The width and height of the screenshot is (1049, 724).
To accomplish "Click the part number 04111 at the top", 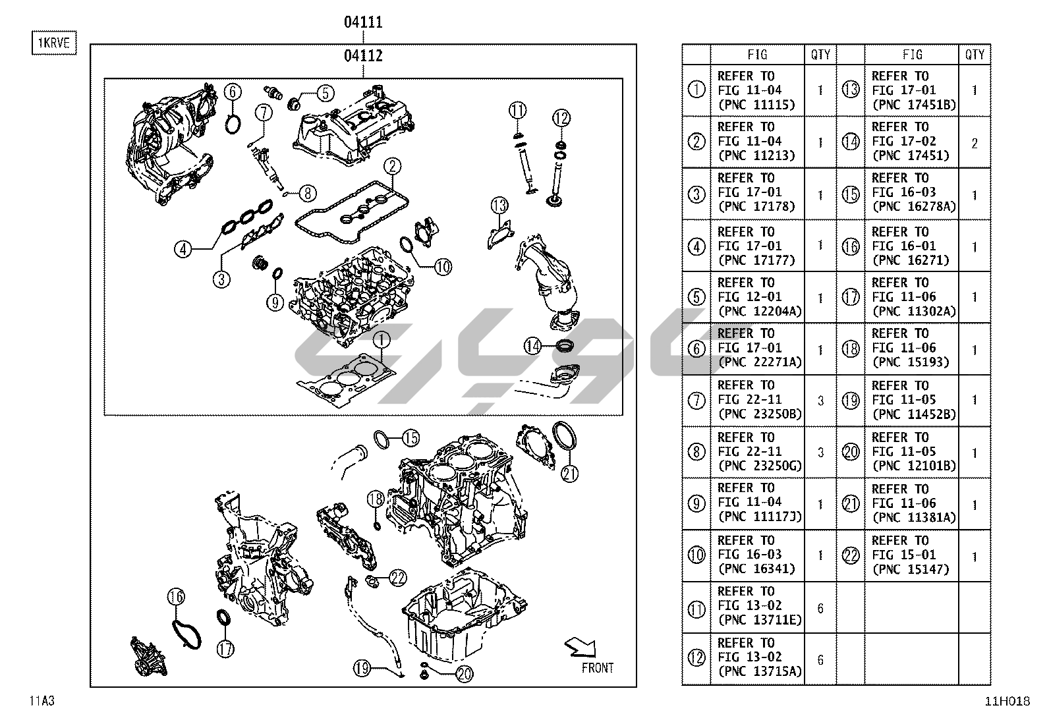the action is (363, 22).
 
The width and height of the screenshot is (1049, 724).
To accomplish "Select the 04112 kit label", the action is (363, 56).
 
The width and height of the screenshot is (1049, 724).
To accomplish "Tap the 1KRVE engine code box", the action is (54, 43).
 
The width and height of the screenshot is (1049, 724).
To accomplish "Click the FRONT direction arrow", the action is (581, 648).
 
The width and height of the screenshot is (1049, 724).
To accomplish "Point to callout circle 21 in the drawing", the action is (569, 474).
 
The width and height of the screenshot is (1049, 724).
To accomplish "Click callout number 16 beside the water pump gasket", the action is (176, 597).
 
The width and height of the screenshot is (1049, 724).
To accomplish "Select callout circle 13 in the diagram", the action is (499, 205).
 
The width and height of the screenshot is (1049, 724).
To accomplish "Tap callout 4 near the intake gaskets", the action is (183, 249).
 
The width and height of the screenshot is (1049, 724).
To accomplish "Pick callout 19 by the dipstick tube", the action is (362, 668).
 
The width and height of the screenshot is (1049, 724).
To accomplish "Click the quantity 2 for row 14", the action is (975, 144).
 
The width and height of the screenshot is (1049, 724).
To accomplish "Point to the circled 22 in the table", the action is (851, 556).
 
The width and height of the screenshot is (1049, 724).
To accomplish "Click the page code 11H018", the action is (1007, 701).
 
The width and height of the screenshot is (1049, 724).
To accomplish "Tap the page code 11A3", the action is (42, 701).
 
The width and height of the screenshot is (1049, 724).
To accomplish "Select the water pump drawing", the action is (149, 657).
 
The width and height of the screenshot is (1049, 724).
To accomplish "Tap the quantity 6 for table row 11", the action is (820, 608).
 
